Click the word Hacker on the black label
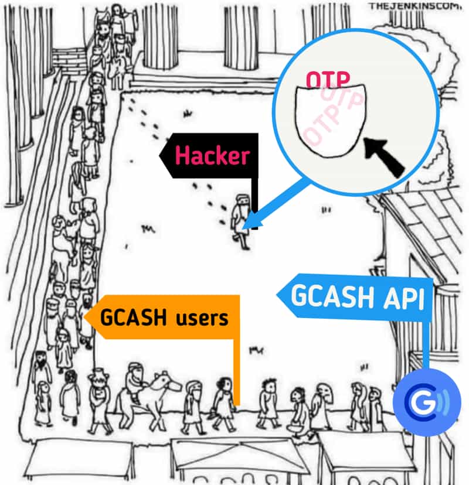point(212,156)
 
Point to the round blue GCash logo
point(426,402)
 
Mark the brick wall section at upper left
point(69,58)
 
